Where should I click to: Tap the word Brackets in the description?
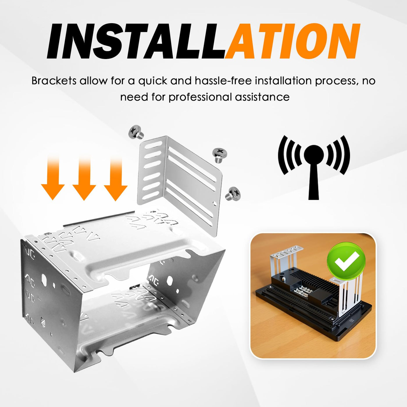coord(54,81)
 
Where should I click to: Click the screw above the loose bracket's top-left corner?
coord(136,132)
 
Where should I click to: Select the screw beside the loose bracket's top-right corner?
coord(219,155)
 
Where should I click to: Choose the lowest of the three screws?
coord(233,193)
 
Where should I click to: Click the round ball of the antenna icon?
coord(314,155)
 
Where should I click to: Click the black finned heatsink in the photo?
coord(317,278)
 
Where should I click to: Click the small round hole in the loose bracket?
coord(215,203)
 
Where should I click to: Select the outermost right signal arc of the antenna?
coord(345,155)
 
